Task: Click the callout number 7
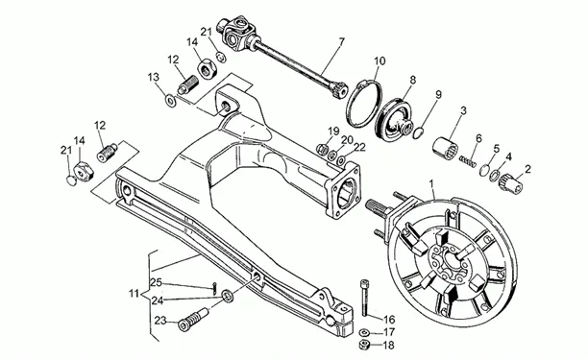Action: point(341,41)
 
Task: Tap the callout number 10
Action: point(380,61)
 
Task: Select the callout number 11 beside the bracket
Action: point(135,294)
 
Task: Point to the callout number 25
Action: point(157,282)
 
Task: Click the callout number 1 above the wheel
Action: point(431,184)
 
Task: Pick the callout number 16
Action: point(389,319)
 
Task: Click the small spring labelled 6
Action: point(468,162)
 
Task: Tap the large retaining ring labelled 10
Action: point(364,104)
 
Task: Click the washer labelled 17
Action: point(364,332)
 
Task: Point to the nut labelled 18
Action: point(364,345)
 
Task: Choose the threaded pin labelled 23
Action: point(193,320)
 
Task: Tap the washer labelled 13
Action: point(172,101)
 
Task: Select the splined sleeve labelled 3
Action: point(445,147)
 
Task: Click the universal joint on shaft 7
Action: point(237,32)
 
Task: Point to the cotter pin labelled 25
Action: point(213,288)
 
